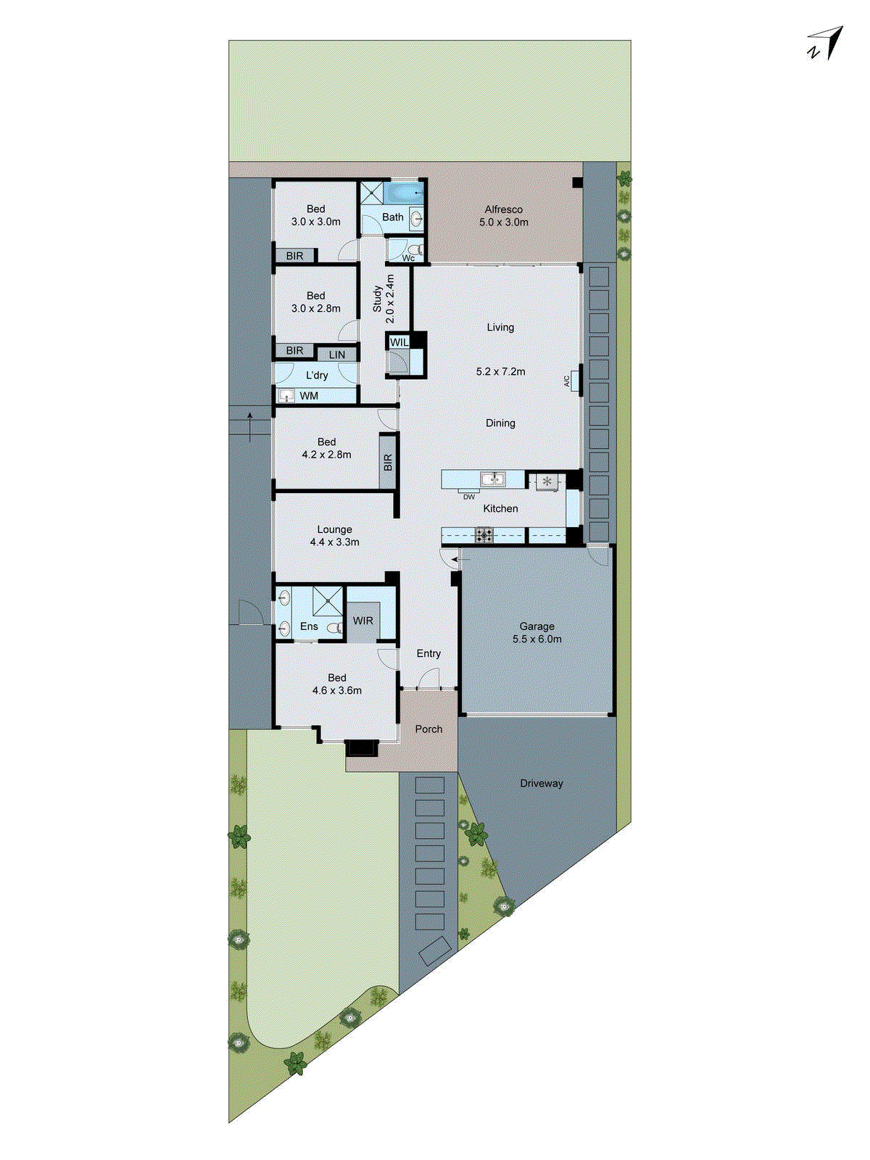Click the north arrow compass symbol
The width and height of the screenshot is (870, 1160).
point(827,43)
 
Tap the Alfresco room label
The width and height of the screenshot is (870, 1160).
point(503,210)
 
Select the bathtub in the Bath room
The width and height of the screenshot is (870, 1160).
point(403,194)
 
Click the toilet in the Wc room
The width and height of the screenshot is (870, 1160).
point(413,249)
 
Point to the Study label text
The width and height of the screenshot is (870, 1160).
point(377,299)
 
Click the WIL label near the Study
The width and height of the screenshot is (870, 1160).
point(399,342)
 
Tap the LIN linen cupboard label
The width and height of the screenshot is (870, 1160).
point(337,355)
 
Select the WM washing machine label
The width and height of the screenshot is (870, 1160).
point(309,396)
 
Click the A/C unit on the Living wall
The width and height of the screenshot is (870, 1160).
point(574,379)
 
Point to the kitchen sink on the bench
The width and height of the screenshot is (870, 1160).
point(494,478)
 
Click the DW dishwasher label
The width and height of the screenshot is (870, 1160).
point(469,497)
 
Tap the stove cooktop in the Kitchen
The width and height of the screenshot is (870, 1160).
point(484,536)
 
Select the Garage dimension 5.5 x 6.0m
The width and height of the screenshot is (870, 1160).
point(536,639)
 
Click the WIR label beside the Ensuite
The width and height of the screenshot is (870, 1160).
point(362,621)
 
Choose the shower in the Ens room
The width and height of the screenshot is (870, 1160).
point(328,601)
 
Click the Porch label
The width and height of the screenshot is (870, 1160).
point(428,729)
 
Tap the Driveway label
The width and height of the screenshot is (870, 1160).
point(541,783)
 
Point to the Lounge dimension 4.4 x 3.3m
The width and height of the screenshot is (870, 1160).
point(334,542)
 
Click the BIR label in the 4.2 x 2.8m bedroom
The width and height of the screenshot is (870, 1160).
point(388,462)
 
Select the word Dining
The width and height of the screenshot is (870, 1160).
point(500,423)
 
